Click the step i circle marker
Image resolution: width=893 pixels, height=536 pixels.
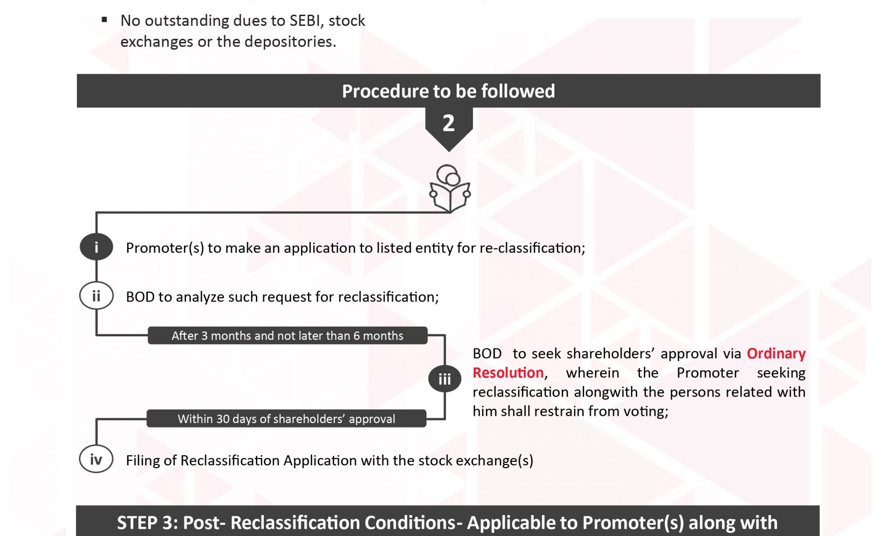pos(96,247)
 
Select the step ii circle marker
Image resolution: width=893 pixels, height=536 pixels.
pos(96,296)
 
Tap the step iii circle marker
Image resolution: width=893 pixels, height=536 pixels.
pos(445,379)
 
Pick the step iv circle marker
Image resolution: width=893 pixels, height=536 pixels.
pos(96,459)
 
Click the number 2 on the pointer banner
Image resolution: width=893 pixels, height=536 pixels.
pos(449,123)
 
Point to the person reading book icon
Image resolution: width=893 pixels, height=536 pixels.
pos(450,188)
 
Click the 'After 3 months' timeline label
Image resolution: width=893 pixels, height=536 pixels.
pos(288,335)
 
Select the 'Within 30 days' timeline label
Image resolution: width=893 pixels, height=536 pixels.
pos(287,419)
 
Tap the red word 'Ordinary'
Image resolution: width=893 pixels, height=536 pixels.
pos(776,354)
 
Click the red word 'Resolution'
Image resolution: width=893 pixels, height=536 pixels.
pos(508,373)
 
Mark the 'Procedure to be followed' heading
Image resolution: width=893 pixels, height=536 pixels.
pos(448,91)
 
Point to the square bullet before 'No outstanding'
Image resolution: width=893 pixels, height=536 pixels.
pos(104,19)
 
